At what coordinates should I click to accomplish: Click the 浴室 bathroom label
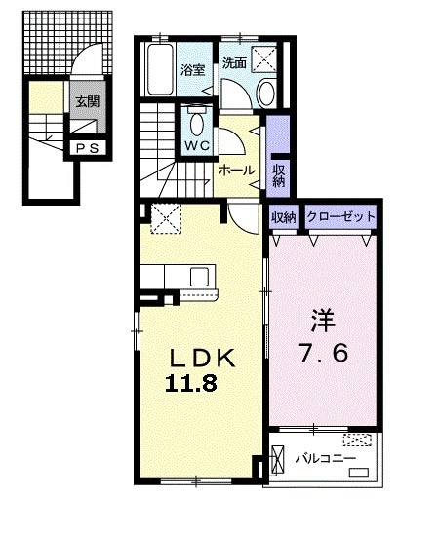pos(192,70)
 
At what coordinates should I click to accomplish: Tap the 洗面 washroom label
pos(234,63)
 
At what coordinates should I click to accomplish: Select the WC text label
pos(197,146)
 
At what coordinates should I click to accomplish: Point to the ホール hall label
pos(237,170)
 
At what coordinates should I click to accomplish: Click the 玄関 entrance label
pos(87,101)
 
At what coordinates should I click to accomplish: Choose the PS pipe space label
pos(87,148)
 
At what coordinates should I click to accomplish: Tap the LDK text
pos(202,358)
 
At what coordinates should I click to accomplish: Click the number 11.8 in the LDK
pos(191,384)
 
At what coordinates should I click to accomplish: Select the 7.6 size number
pos(323,353)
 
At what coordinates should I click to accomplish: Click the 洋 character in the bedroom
pos(323,321)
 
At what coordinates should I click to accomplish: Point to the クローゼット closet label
pos(340,216)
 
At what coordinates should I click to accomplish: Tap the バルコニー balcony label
pos(325,459)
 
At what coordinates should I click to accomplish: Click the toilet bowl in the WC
pos(197,124)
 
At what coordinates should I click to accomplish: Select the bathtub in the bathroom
pos(160,69)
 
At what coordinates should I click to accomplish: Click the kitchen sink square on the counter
pos(199,277)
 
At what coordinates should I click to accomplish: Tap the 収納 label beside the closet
pos(283,217)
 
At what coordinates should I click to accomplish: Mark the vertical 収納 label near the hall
pos(279,175)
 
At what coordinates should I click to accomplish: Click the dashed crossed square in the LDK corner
pos(166,218)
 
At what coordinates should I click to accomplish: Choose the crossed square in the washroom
pos(263,59)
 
